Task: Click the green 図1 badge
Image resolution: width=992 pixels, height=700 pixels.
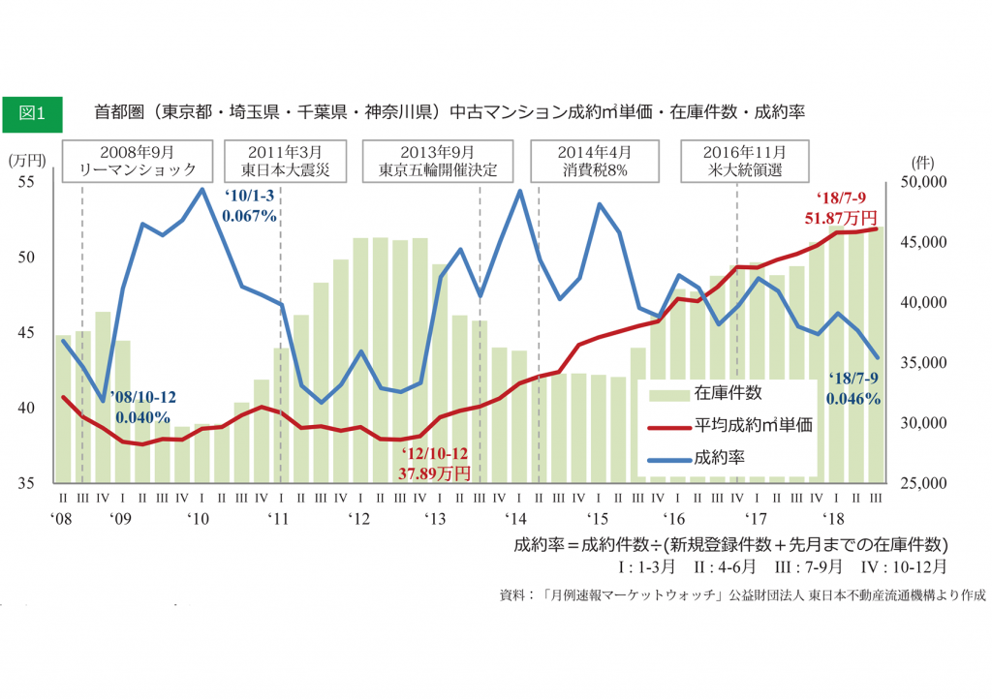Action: point(32,112)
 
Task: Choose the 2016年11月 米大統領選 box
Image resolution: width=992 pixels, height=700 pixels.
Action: point(745,162)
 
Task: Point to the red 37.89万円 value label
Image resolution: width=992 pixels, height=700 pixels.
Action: point(434,473)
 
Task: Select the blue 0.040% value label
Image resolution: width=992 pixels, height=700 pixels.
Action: point(143,417)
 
